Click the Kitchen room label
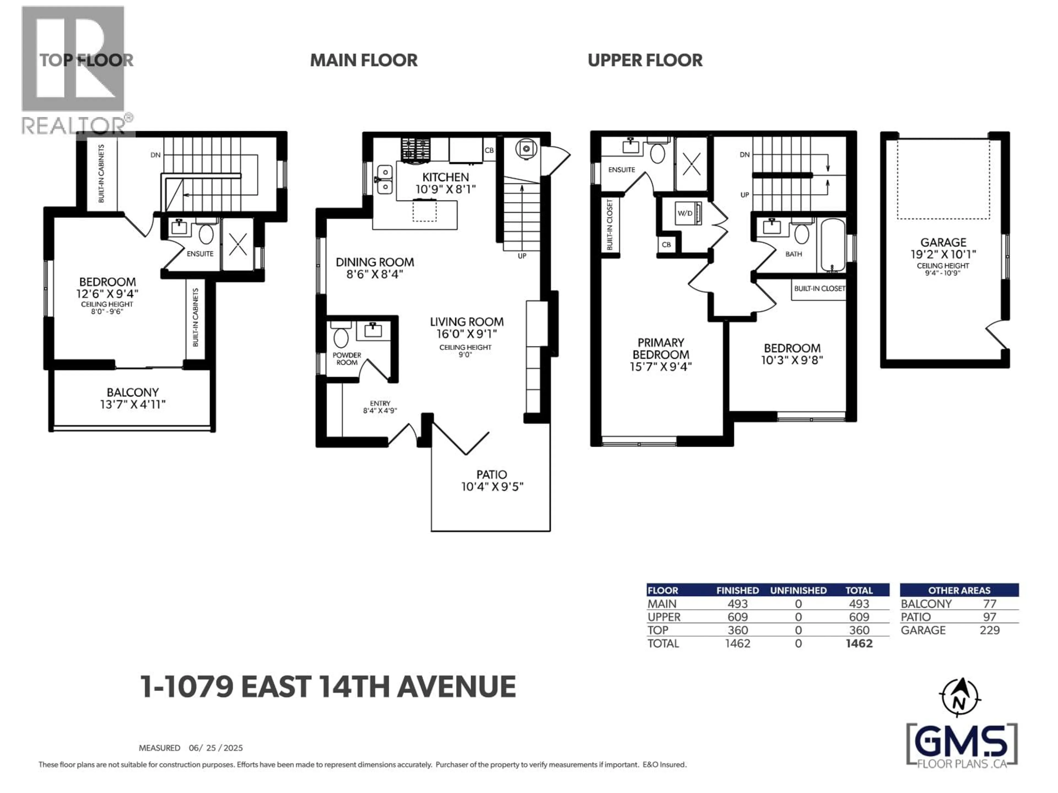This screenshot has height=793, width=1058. coord(445,177)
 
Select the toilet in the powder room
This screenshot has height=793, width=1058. coord(341,336)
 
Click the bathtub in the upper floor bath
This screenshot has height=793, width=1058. coord(833,245)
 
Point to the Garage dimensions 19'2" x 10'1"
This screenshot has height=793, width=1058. coord(943,255)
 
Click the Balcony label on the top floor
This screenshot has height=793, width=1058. coord(133,392)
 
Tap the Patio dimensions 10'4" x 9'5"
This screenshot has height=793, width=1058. coord(492,487)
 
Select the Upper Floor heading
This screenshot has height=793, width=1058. coord(645,61)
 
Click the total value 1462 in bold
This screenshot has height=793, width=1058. coord(859,643)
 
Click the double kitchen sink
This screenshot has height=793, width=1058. coord(385,180)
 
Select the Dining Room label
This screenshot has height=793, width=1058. coord(374,262)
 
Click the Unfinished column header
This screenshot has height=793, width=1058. coord(798,590)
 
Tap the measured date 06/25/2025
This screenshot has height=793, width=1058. coord(216,748)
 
